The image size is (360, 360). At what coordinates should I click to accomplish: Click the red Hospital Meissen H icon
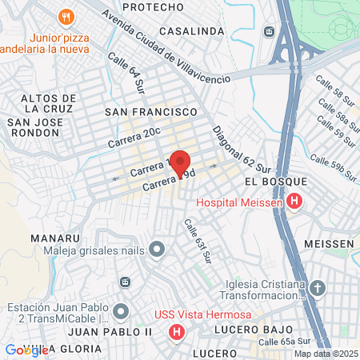pos(295,202)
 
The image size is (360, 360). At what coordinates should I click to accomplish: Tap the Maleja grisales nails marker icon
pos(157,250)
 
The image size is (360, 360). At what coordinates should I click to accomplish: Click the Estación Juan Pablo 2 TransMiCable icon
pos(121,310)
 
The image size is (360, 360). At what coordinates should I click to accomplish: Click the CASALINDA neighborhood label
pos(192,30)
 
